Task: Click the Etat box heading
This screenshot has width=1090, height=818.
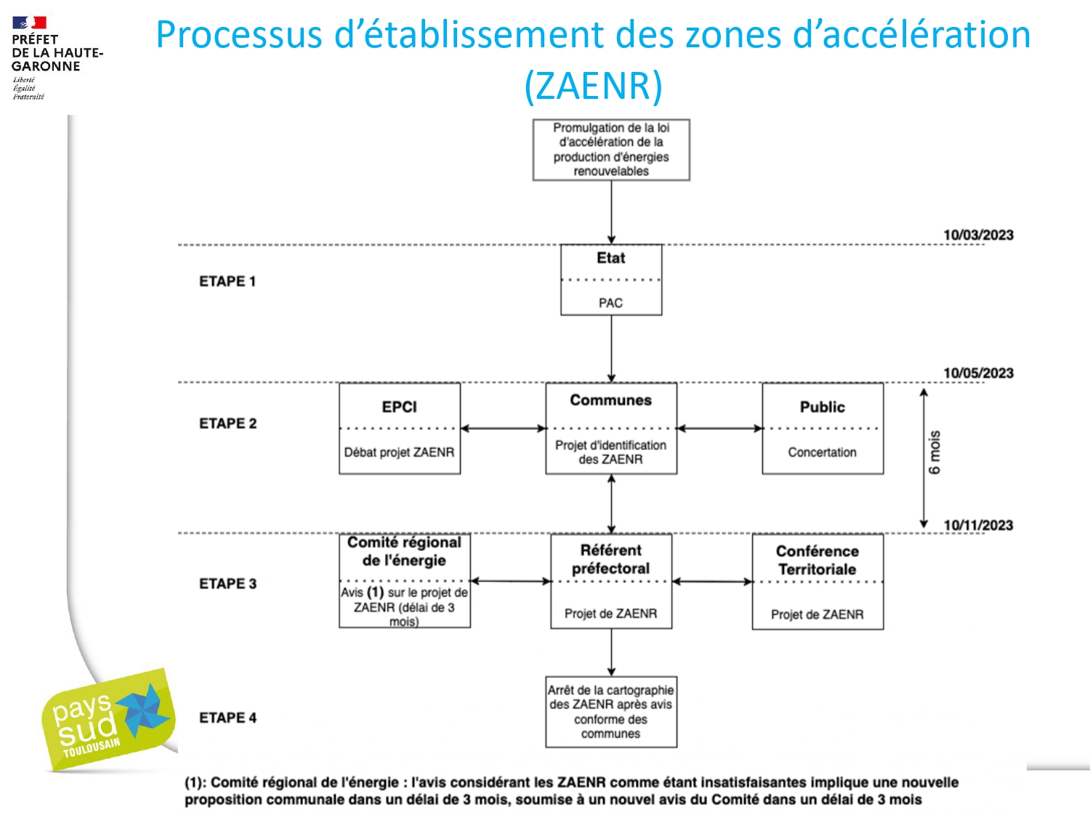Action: (610, 258)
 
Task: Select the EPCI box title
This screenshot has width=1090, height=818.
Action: (399, 407)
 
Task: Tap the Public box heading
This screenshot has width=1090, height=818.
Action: (822, 407)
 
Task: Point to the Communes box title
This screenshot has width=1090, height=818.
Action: (610, 400)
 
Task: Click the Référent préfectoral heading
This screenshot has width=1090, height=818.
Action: (610, 559)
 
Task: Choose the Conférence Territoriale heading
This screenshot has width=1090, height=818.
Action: (817, 560)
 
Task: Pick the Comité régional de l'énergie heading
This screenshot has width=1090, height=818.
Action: (404, 551)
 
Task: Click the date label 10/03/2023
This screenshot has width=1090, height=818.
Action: (978, 235)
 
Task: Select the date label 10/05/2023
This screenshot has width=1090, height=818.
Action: (978, 373)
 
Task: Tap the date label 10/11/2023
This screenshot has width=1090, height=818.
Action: (978, 525)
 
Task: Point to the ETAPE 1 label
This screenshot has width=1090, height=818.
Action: (227, 281)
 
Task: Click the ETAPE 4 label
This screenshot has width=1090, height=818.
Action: (227, 718)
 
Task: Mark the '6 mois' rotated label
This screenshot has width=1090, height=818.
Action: (934, 452)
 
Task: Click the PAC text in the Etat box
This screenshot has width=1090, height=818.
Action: (610, 302)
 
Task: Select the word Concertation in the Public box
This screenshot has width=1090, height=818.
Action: (822, 452)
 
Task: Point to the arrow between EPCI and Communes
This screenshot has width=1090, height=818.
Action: (503, 428)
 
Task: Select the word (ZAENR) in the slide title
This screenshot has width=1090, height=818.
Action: (593, 85)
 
